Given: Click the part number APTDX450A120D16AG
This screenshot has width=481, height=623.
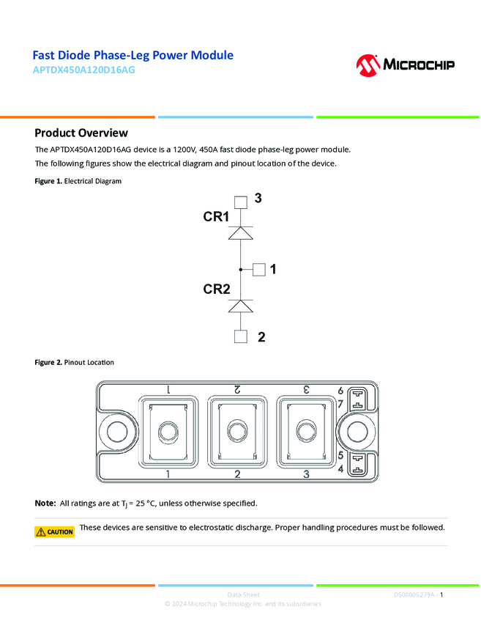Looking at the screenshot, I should pyautogui.click(x=84, y=71).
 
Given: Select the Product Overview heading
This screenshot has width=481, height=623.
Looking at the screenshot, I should pyautogui.click(x=81, y=133).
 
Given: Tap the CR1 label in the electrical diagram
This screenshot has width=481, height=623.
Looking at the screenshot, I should pyautogui.click(x=216, y=217).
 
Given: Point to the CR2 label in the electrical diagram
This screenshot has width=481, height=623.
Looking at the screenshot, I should pyautogui.click(x=217, y=290).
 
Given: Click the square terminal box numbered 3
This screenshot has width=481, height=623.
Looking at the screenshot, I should pyautogui.click(x=240, y=202).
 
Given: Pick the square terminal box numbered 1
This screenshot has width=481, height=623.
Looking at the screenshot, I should pyautogui.click(x=258, y=270).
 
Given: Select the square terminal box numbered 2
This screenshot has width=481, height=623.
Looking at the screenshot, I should pyautogui.click(x=240, y=336).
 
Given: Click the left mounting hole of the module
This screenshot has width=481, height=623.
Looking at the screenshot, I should pyautogui.click(x=118, y=432).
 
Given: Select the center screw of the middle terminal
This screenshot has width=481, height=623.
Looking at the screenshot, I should pyautogui.click(x=237, y=430).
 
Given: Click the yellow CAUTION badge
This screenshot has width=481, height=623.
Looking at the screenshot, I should pyautogui.click(x=55, y=531).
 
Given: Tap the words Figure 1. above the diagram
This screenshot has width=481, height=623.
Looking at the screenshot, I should pyautogui.click(x=48, y=180).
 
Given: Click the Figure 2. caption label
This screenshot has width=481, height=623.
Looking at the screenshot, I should pyautogui.click(x=48, y=362).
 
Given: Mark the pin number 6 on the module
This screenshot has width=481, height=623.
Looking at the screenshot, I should pyautogui.click(x=340, y=390).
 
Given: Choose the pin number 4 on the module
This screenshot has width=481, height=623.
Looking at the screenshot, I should pyautogui.click(x=340, y=468).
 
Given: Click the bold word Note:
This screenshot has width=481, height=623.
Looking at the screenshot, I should pyautogui.click(x=45, y=504).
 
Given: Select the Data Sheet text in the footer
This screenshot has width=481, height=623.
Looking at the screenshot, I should pyautogui.click(x=243, y=594).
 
